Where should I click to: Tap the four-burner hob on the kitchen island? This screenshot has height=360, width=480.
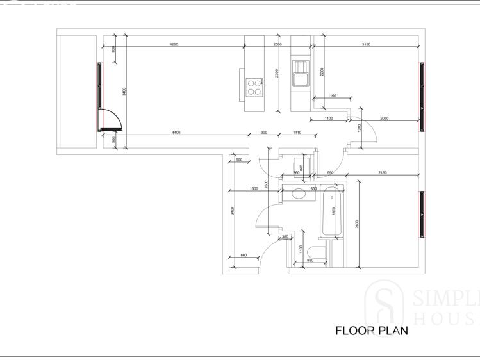(x=254, y=86)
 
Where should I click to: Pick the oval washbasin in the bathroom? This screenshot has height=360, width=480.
(x=299, y=194)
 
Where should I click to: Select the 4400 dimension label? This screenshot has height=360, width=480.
(x=176, y=132)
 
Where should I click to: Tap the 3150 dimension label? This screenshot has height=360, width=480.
(x=366, y=44)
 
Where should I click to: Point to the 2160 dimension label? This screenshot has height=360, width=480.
(x=382, y=173)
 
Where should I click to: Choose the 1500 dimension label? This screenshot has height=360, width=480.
(x=254, y=189)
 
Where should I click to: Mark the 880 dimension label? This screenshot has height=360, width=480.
(x=244, y=255)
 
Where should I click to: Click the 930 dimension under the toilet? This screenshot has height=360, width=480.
(x=310, y=261)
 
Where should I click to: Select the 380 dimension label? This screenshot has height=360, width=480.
(x=285, y=236)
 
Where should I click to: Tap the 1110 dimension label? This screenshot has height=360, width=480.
(x=297, y=132)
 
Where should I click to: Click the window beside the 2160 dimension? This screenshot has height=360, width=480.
(x=422, y=213)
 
